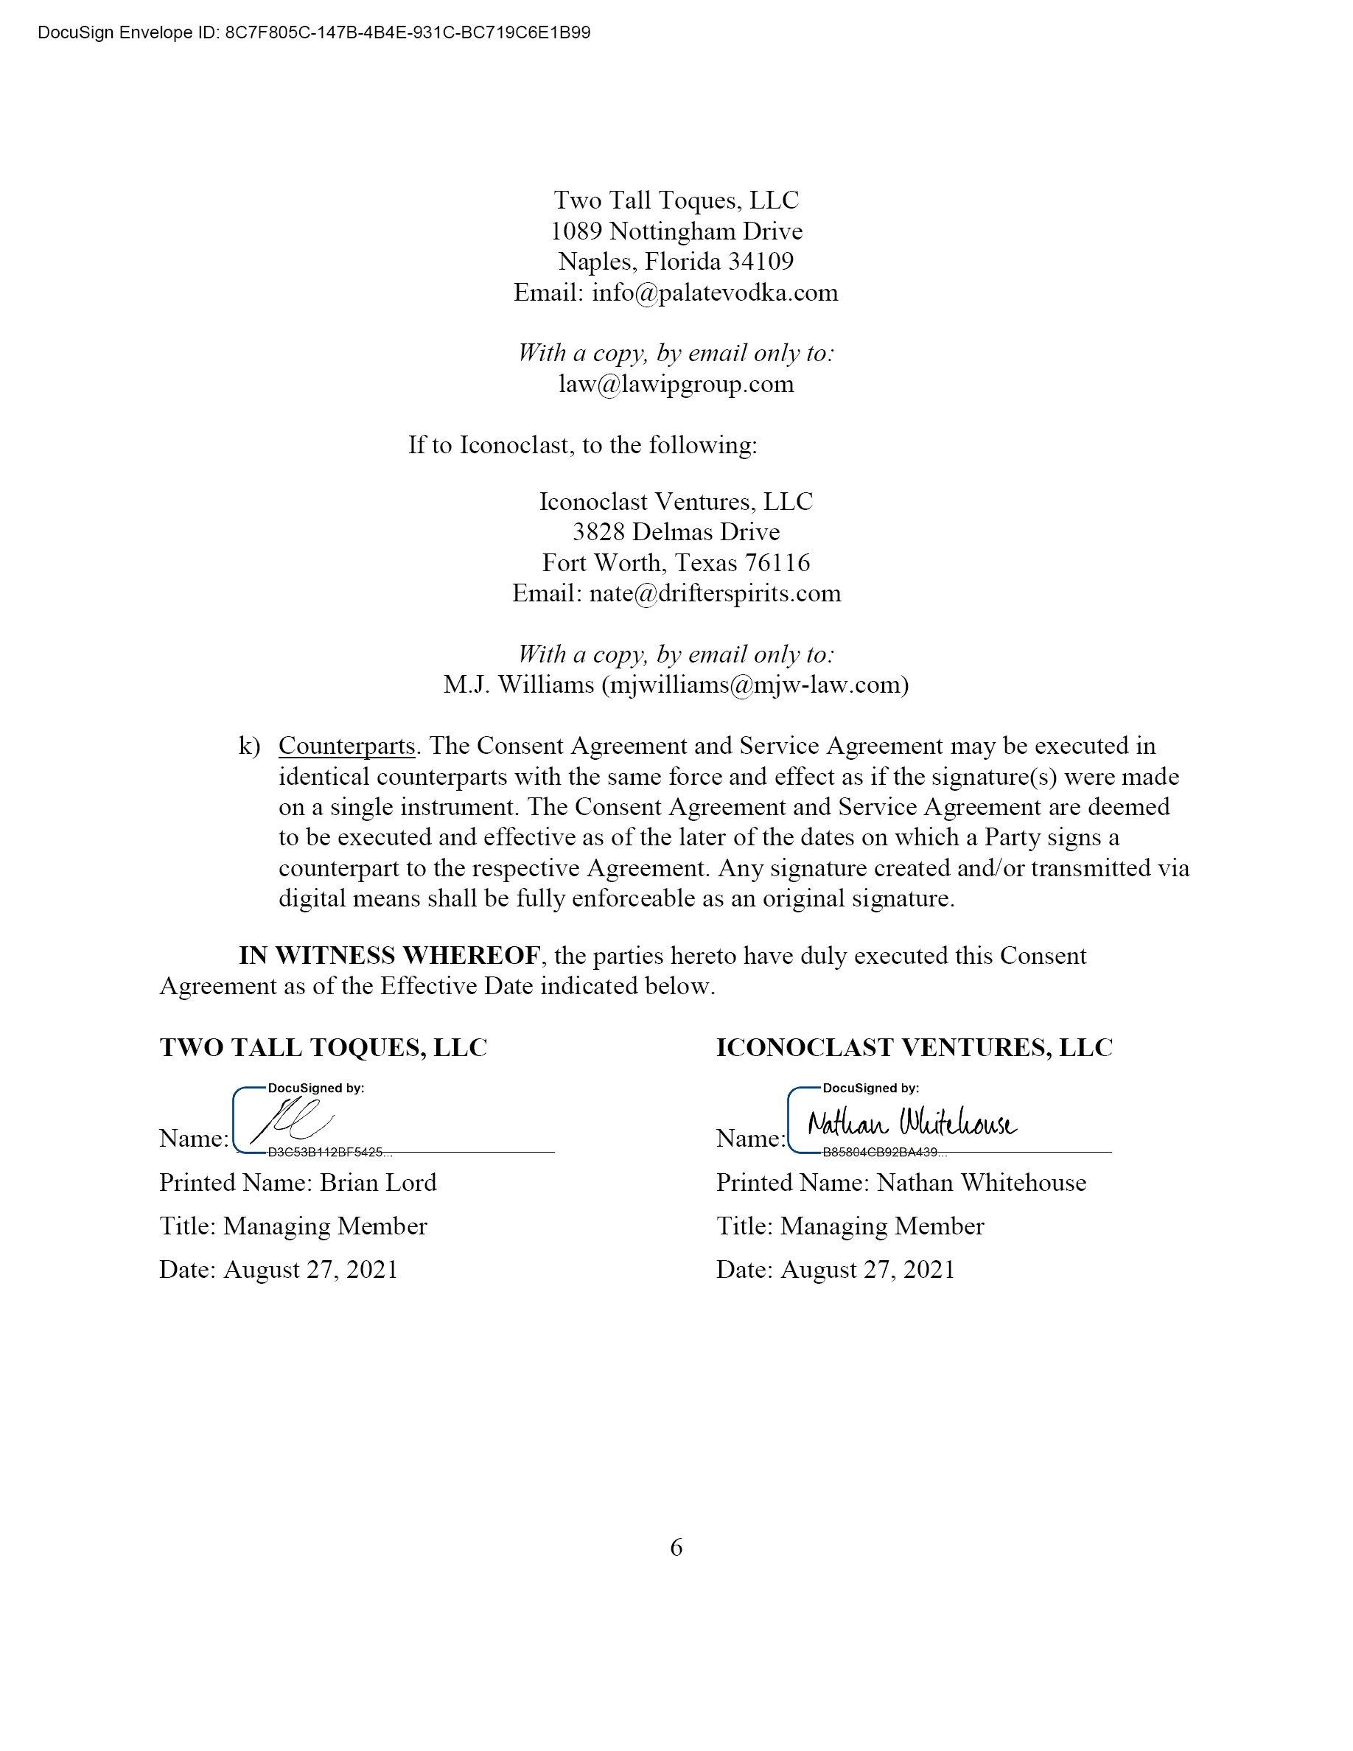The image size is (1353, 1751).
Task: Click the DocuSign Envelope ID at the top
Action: [x=313, y=33]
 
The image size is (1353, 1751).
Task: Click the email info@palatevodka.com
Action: [x=714, y=293]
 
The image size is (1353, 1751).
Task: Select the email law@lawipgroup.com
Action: [x=676, y=384]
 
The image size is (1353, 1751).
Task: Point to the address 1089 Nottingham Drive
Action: [x=676, y=231]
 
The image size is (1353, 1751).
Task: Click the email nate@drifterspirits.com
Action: [x=714, y=593]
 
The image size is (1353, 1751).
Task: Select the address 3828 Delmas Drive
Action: [x=676, y=532]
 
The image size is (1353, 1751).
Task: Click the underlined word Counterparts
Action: [x=346, y=747]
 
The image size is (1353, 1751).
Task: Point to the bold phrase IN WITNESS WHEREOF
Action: [x=390, y=956]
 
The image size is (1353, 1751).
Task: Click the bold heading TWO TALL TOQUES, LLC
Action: [x=323, y=1048]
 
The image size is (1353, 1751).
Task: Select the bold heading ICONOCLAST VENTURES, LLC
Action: [x=914, y=1048]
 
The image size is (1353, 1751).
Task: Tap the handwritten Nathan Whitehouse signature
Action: [x=912, y=1123]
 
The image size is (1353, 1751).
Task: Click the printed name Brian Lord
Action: [x=377, y=1183]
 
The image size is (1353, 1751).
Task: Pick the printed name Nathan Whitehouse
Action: [x=981, y=1183]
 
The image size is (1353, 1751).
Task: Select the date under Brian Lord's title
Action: [x=310, y=1270]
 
